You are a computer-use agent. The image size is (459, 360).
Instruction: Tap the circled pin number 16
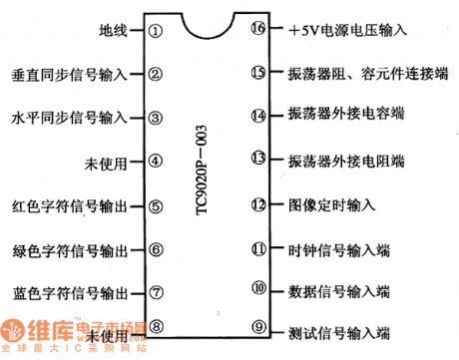(x=258, y=29)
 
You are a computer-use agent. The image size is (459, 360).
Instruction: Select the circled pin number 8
(x=156, y=325)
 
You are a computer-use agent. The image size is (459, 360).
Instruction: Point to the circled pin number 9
(x=258, y=326)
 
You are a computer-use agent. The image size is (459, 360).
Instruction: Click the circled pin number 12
(x=258, y=205)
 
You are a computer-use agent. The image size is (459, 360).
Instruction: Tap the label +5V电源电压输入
(x=347, y=31)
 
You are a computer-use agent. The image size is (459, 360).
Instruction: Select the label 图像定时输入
(x=331, y=205)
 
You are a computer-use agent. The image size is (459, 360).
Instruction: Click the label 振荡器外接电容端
(x=347, y=116)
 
